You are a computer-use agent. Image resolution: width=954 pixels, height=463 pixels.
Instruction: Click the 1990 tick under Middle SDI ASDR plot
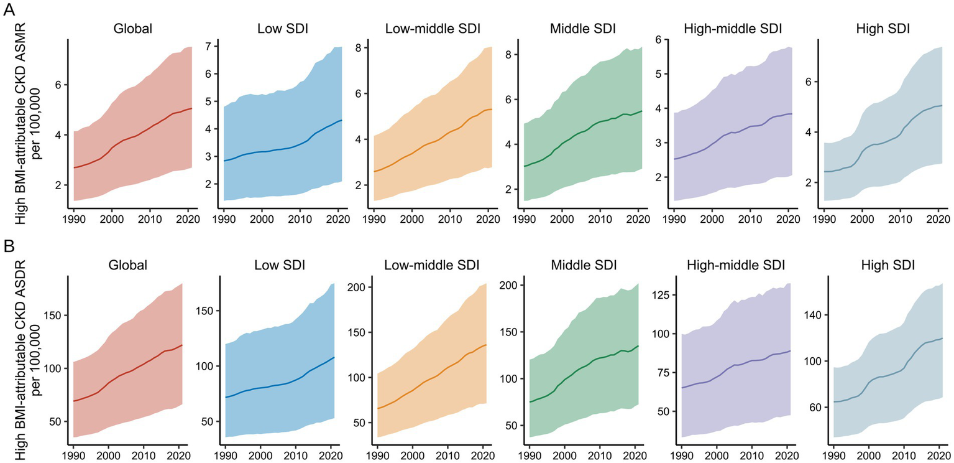coord(530,456)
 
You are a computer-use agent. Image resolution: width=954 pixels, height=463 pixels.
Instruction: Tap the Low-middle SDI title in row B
coord(432,265)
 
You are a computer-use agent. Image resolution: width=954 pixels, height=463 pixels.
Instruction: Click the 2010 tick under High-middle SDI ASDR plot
coord(752,456)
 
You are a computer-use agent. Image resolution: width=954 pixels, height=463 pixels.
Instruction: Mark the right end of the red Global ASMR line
coord(191,108)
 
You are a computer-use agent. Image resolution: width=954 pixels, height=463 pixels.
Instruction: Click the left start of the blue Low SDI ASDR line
coord(224,397)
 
